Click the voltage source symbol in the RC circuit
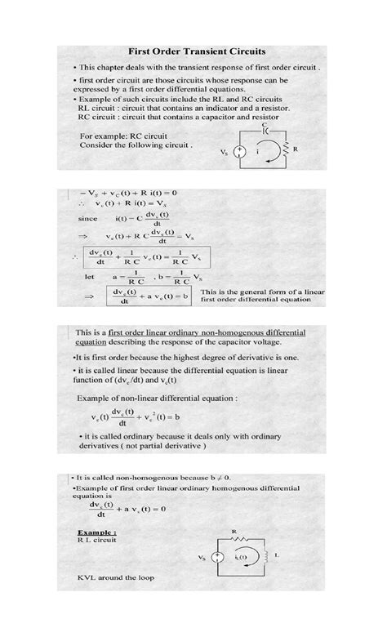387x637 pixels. (239, 152)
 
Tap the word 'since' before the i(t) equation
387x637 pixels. (87, 218)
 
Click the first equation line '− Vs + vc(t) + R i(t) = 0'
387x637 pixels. (129, 193)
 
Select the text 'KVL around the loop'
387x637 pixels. (115, 578)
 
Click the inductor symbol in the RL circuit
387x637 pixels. (263, 557)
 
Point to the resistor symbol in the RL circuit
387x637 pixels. (240, 540)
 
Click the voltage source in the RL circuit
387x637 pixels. (217, 558)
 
